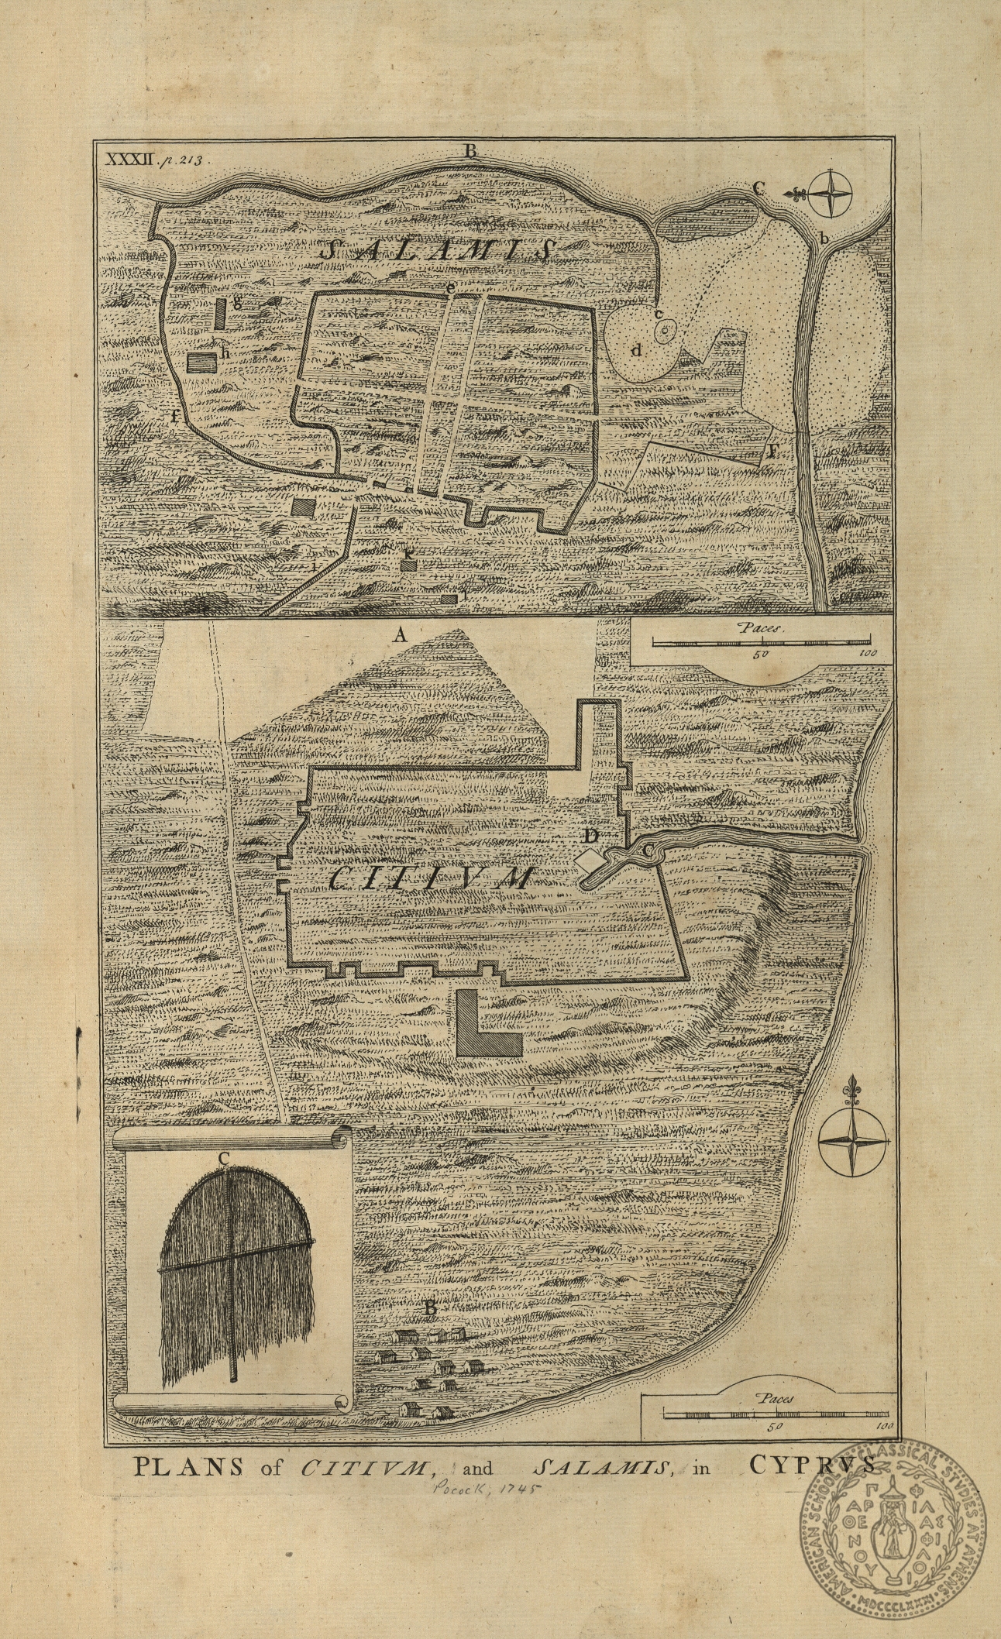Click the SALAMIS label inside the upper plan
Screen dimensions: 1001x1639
[439, 250]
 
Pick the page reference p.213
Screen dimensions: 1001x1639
[180, 160]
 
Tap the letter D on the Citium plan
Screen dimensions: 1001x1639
[591, 836]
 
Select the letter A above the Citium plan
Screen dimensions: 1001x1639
[400, 636]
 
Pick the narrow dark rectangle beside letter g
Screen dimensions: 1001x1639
[221, 314]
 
